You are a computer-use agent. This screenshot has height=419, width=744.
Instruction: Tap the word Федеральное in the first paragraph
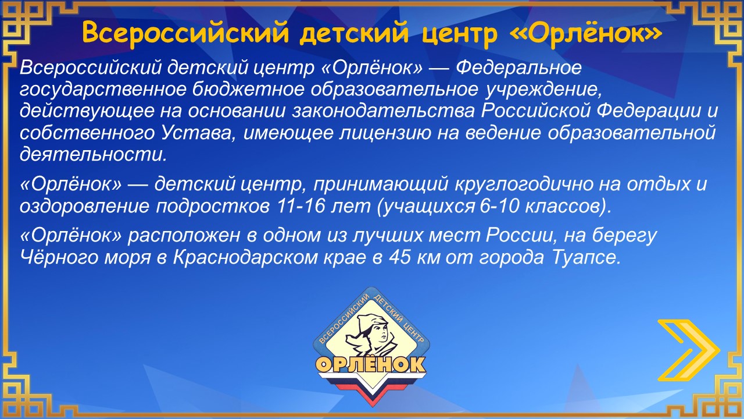coord(518,68)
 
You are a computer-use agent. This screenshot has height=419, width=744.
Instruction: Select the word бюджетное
coord(248,90)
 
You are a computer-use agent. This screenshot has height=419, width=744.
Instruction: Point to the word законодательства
coord(384,111)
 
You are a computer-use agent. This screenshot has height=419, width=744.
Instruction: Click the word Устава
coord(199,133)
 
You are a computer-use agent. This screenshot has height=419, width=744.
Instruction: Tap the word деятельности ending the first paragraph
coord(93,155)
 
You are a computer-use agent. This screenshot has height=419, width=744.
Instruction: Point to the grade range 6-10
coord(499,206)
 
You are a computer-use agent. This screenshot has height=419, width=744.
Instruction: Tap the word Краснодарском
coord(245,257)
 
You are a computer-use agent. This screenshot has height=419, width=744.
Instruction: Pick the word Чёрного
coord(59,257)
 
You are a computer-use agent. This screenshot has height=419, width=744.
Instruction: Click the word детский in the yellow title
coord(354,33)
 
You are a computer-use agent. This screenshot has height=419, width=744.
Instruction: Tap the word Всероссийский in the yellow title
coord(185,33)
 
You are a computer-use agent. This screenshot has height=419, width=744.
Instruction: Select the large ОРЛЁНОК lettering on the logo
coord(370,365)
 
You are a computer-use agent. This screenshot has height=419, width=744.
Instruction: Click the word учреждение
coord(543,90)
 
